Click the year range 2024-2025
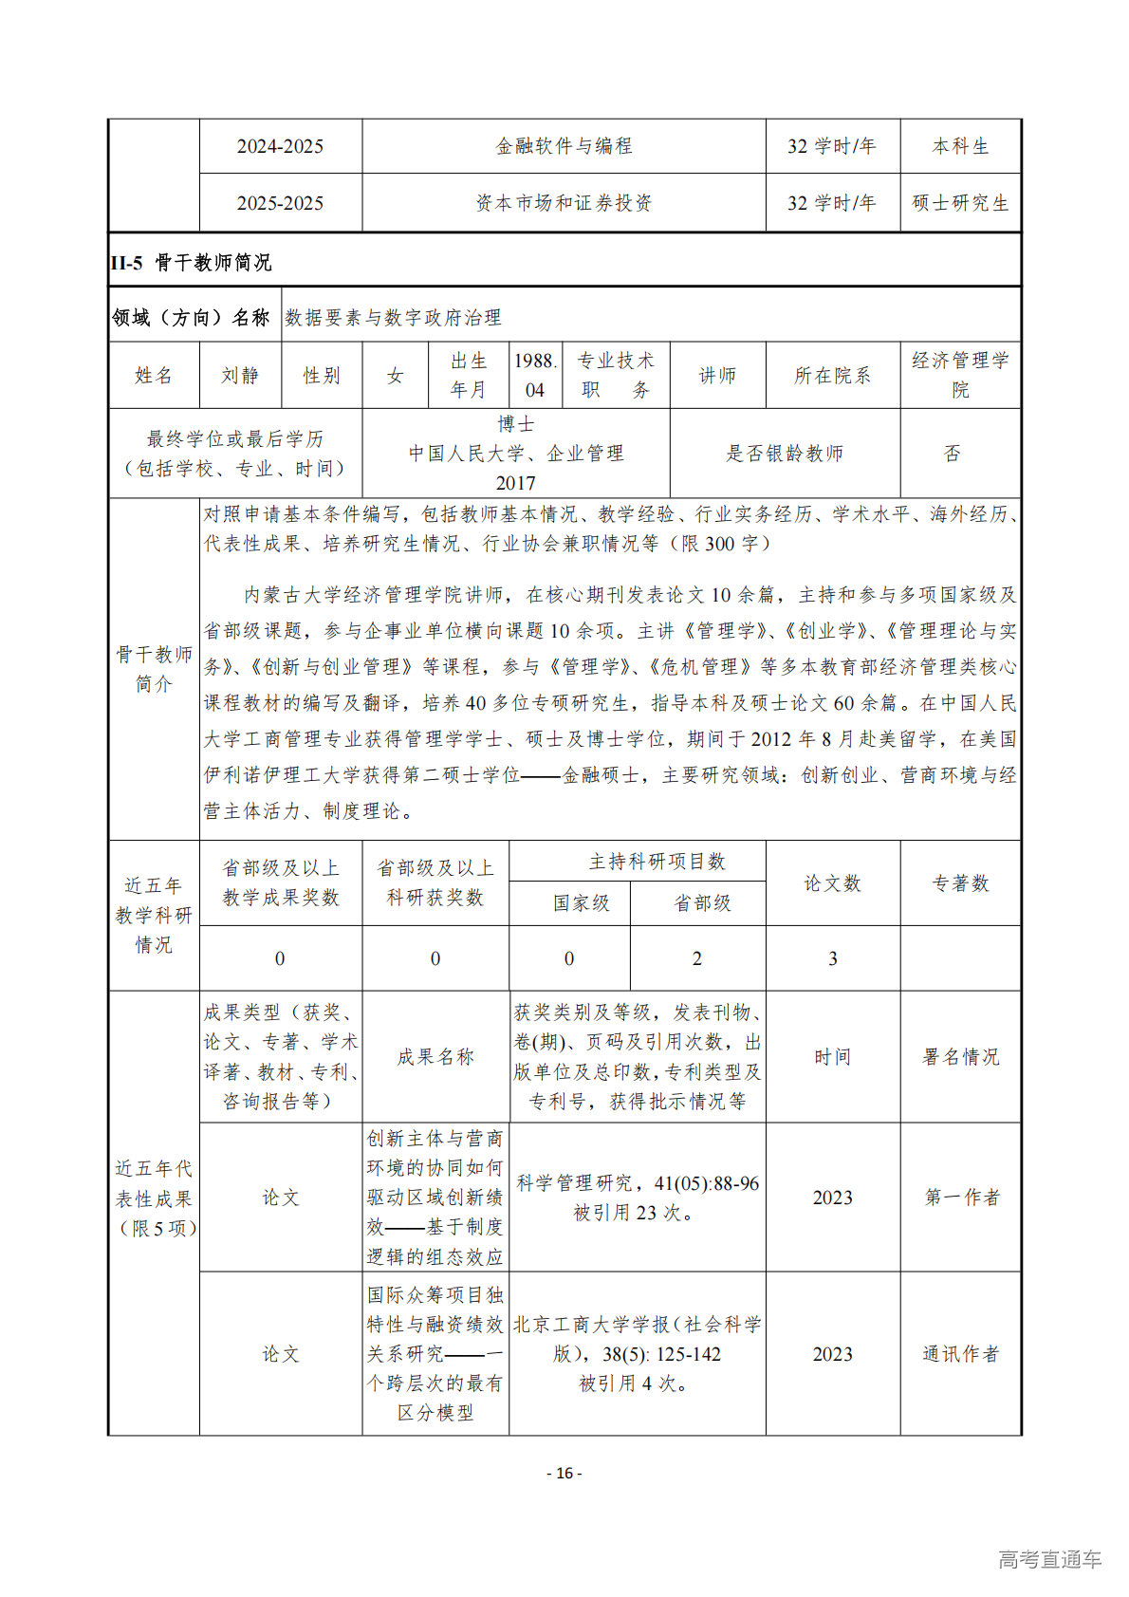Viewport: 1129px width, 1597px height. tap(280, 146)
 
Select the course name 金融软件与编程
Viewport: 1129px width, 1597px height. tap(564, 146)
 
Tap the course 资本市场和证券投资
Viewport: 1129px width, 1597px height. tap(564, 203)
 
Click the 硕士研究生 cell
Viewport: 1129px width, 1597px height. tap(960, 203)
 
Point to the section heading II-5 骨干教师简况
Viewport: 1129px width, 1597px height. tap(191, 263)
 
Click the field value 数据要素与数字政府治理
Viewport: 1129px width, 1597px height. tap(393, 318)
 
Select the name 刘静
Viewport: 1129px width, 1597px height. tap(240, 376)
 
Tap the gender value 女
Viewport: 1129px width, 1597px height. tap(395, 376)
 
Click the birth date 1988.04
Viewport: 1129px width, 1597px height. tap(535, 376)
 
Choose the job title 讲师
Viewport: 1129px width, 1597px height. tap(717, 376)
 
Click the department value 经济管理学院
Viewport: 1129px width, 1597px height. tap(960, 375)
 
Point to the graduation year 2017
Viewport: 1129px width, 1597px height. tap(515, 483)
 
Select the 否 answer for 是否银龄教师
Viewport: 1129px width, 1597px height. tap(953, 454)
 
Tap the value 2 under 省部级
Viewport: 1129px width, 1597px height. tap(697, 958)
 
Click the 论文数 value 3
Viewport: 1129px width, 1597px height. tap(833, 958)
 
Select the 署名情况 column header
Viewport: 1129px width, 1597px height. tap(960, 1057)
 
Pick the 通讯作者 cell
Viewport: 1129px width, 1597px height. tap(961, 1354)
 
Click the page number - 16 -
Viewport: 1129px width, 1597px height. tap(564, 1474)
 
